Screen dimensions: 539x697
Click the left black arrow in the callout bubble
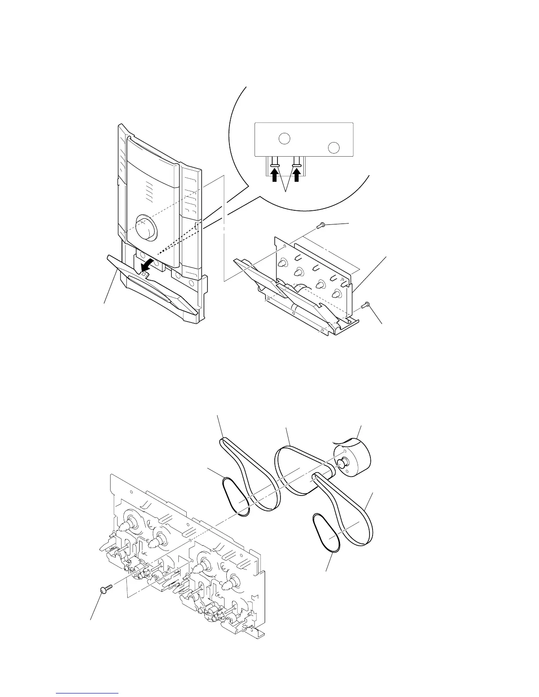pos(274,176)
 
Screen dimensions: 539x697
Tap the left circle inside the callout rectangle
pos(284,138)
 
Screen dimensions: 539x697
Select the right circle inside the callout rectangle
pos(334,147)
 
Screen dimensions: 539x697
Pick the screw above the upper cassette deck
pos(320,226)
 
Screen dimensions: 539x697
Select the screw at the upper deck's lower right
pos(365,304)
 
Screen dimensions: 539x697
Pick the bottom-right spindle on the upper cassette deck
pos(338,294)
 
